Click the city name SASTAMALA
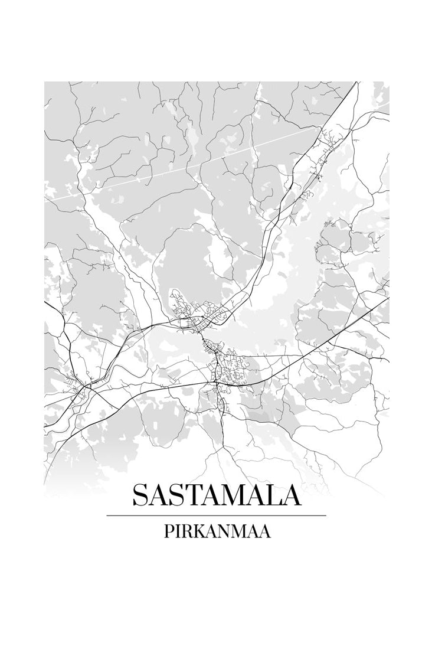click(x=216, y=495)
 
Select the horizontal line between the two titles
click(x=216, y=516)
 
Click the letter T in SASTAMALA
click(x=182, y=495)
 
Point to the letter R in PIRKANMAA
click(x=185, y=531)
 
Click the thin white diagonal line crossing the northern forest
click(x=177, y=169)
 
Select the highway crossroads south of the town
click(x=217, y=384)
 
